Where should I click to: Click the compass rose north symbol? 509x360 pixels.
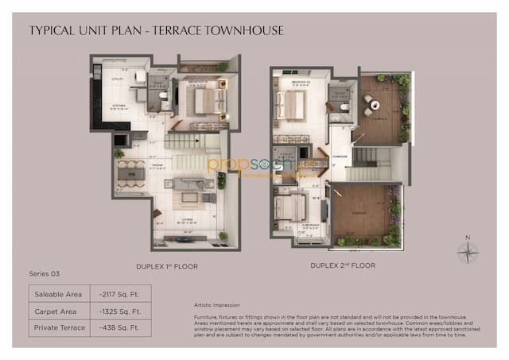click(x=468, y=252)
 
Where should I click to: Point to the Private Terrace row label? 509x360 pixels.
click(x=57, y=327)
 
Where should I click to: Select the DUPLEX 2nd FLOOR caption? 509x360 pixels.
click(x=343, y=265)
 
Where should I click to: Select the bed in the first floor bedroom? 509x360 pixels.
click(x=206, y=101)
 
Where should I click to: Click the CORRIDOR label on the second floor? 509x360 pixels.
click(x=340, y=157)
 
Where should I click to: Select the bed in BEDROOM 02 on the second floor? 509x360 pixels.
click(x=292, y=104)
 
